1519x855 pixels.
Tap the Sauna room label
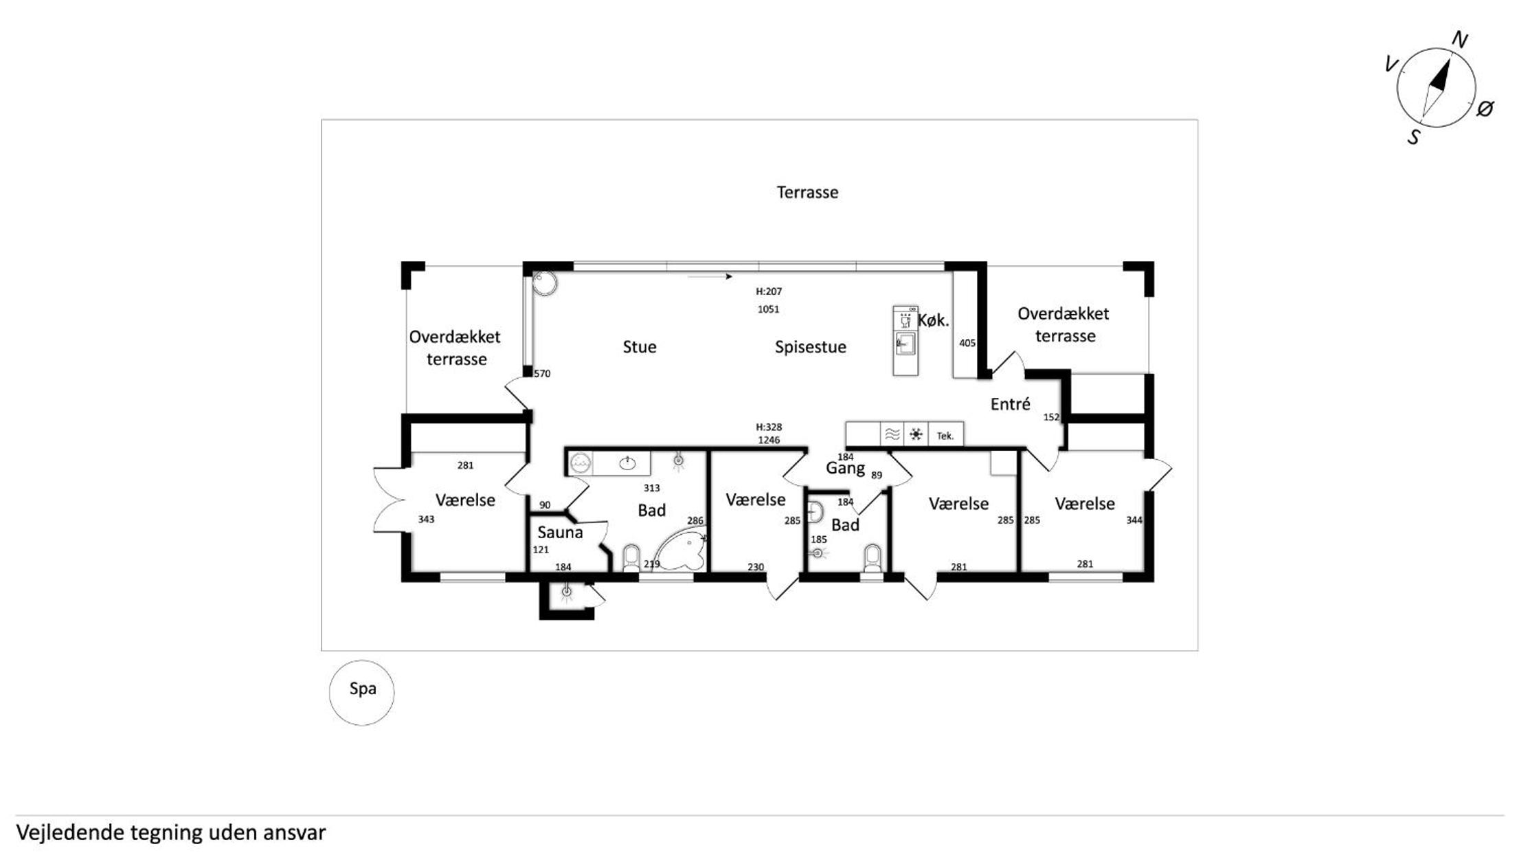click(560, 532)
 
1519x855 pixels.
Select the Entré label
click(1010, 404)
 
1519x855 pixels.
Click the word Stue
click(640, 347)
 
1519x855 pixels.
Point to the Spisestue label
click(811, 347)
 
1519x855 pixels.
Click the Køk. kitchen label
click(934, 320)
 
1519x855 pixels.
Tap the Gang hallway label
click(845, 469)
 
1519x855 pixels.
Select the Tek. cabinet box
click(945, 436)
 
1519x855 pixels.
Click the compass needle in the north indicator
click(1436, 89)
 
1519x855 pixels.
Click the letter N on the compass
click(1460, 41)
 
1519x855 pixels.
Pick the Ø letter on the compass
click(1485, 109)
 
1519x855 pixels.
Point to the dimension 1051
click(768, 309)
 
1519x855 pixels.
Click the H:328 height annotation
click(769, 427)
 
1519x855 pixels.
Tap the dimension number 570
click(542, 374)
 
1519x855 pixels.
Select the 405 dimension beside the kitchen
click(967, 343)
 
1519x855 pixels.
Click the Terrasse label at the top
click(807, 192)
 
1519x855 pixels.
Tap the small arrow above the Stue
click(710, 277)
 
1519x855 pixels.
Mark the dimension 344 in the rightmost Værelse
click(1134, 520)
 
